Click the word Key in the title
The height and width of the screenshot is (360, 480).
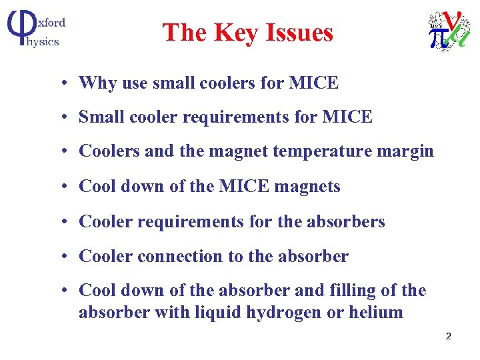[236, 33]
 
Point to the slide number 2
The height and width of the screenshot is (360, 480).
[448, 336]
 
